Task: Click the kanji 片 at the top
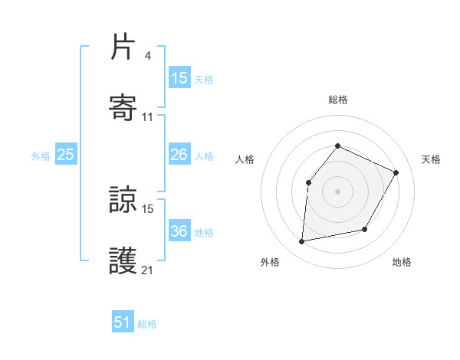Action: [x=123, y=48]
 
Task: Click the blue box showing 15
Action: [x=179, y=77]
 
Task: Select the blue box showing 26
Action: [x=179, y=155]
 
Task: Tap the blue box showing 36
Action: [x=179, y=231]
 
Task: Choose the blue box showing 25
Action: [x=66, y=155]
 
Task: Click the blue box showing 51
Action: [x=123, y=322]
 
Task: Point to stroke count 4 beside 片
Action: [x=147, y=55]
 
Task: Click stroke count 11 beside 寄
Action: [x=148, y=116]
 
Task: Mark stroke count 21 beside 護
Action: [x=148, y=270]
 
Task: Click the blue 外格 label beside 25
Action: [x=41, y=156]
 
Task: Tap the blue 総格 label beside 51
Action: [x=147, y=324]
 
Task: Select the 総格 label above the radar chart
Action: [x=337, y=100]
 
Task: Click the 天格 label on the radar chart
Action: [x=431, y=159]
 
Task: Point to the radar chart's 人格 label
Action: [x=245, y=159]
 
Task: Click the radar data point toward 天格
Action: [x=396, y=172]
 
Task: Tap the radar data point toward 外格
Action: [x=302, y=242]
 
